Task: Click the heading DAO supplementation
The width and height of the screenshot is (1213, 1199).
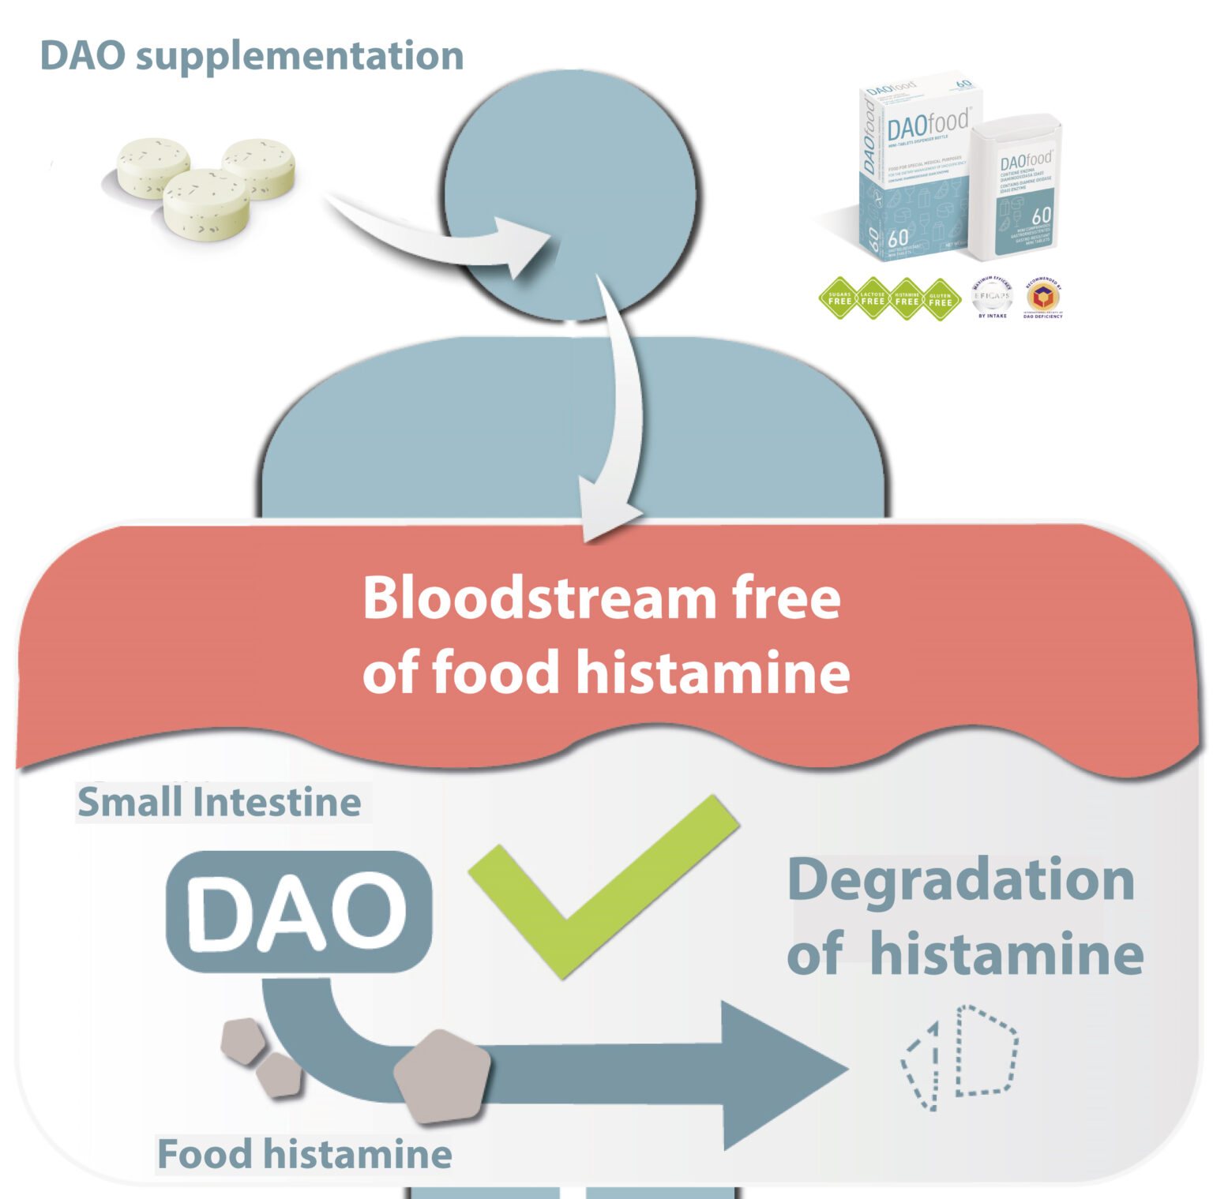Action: pyautogui.click(x=251, y=56)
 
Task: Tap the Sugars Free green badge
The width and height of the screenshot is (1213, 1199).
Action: pyautogui.click(x=839, y=299)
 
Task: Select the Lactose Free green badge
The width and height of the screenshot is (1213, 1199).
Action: pyautogui.click(x=873, y=299)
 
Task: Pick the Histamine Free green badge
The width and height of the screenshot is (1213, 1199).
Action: pyautogui.click(x=907, y=299)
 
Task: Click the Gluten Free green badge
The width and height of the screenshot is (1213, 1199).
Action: pyautogui.click(x=941, y=299)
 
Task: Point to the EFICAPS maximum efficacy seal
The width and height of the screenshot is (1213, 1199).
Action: pyautogui.click(x=992, y=298)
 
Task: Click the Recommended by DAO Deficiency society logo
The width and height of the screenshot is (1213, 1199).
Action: pyautogui.click(x=1042, y=298)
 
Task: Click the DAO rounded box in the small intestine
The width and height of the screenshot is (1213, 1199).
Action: pyautogui.click(x=299, y=912)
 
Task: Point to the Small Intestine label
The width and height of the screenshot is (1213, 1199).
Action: pyautogui.click(x=220, y=802)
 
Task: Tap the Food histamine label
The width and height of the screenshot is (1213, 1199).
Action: pyautogui.click(x=305, y=1154)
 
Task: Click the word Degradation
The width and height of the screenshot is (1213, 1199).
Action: pyautogui.click(x=961, y=880)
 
